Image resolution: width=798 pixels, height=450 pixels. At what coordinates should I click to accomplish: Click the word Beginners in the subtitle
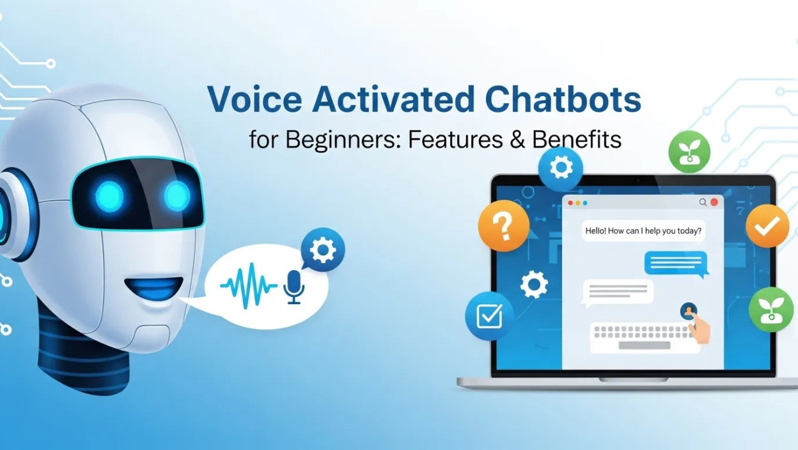pos(337,140)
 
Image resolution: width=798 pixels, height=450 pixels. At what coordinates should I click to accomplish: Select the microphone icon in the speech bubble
pos(294,286)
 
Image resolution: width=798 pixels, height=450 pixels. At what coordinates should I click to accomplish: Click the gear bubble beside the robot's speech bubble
pos(323,250)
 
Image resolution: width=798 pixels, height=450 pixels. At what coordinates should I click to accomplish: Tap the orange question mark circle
pos(503,225)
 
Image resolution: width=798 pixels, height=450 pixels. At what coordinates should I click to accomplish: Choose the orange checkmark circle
pos(767,225)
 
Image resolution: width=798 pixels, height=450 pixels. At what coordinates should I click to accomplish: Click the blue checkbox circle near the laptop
pos(489,316)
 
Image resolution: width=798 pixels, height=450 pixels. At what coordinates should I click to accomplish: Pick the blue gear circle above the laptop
pos(561,168)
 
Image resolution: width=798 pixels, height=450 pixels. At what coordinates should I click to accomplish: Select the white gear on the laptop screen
pos(534,284)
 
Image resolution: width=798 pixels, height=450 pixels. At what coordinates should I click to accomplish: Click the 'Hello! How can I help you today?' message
pos(643,230)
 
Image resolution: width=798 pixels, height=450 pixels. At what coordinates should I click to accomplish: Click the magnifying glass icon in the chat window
pos(703,202)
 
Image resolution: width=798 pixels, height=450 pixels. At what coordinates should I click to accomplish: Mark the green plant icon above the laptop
pos(689,152)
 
